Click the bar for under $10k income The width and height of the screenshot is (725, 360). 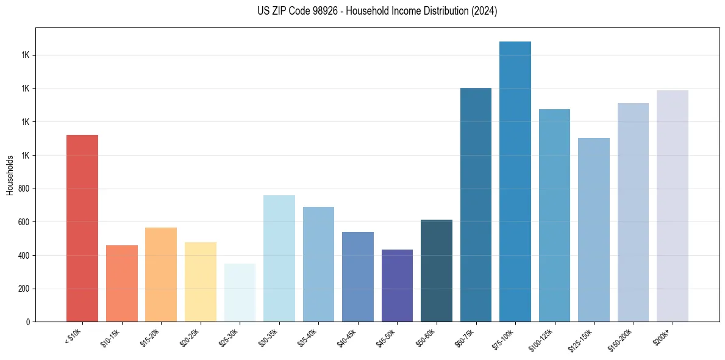(x=82, y=228)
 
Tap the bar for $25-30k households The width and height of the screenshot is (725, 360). (x=240, y=292)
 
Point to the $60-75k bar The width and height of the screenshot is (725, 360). (x=476, y=204)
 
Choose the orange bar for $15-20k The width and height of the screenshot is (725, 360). (x=161, y=275)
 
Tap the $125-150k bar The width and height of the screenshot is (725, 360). (x=594, y=229)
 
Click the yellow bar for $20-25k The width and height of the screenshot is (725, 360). (x=201, y=282)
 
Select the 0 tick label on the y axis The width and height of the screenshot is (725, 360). (x=27, y=322)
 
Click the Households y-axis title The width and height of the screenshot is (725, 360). (x=10, y=175)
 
